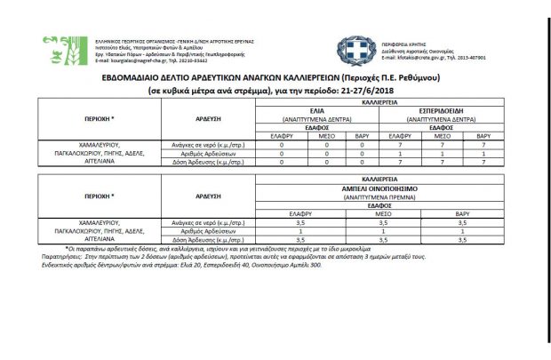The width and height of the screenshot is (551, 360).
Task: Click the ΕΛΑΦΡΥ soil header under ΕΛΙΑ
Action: tap(281, 134)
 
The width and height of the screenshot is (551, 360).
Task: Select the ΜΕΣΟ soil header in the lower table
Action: tap(380, 213)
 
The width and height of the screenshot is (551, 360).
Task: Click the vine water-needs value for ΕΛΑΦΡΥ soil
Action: tap(300, 222)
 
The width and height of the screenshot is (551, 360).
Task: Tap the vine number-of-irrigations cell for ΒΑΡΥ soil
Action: tap(461, 231)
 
